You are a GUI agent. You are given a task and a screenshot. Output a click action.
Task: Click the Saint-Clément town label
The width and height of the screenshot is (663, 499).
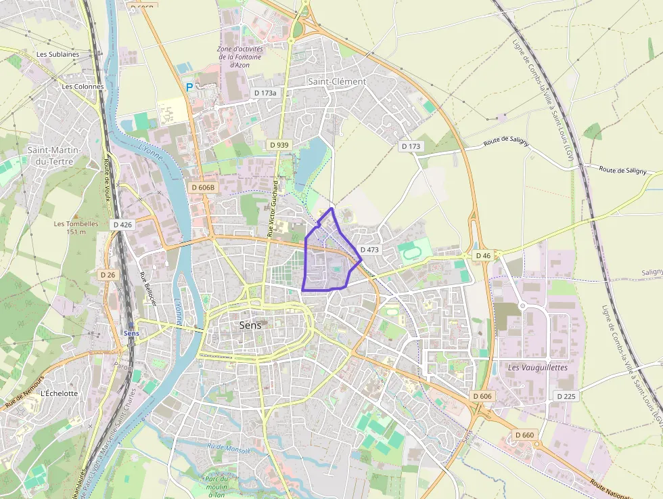[337, 81]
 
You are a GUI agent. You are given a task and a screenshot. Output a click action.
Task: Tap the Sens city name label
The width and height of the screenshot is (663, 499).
[250, 325]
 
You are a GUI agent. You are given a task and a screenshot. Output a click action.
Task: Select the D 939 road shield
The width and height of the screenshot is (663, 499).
[279, 145]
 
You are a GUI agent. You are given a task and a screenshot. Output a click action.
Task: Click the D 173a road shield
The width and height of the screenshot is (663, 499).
[265, 92]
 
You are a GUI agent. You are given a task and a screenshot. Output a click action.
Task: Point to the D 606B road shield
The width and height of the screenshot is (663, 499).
[202, 188]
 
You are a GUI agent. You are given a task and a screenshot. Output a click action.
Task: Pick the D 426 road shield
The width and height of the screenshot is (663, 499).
[123, 224]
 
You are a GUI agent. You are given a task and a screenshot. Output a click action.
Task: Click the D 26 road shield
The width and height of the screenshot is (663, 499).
[108, 275]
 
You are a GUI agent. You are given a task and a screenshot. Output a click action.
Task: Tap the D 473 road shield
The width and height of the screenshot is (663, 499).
[369, 250]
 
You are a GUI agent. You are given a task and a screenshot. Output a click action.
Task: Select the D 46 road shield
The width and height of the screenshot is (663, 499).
[483, 256]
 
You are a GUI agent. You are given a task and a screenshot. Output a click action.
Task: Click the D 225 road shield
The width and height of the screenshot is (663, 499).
[566, 396]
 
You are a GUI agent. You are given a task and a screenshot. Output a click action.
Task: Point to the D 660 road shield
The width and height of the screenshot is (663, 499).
[524, 435]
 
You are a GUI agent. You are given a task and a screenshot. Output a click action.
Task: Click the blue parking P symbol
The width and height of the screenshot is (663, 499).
[189, 87]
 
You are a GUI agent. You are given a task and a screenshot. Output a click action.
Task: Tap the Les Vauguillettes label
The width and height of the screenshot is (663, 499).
[538, 368]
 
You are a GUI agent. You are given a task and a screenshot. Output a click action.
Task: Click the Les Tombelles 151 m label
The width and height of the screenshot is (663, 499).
[76, 227]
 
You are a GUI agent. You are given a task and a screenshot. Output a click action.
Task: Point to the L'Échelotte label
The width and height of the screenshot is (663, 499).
[59, 393]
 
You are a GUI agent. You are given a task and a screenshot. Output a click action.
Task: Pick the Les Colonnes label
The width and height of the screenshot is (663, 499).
[83, 87]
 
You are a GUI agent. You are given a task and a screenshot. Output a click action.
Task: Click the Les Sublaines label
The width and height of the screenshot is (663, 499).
[58, 54]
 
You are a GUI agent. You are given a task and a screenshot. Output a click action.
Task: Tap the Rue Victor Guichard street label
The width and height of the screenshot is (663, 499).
[273, 208]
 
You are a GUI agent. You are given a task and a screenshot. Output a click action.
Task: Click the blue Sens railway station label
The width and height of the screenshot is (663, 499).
[131, 333]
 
